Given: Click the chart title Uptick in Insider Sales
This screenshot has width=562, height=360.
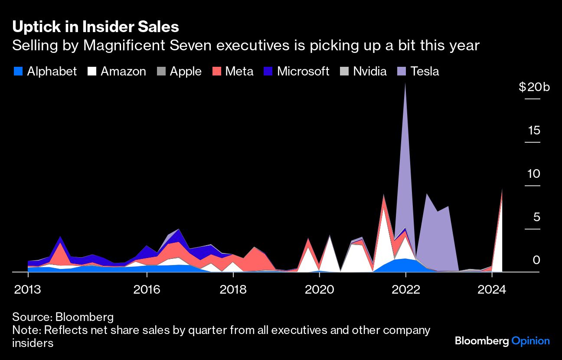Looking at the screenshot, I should click(x=95, y=27).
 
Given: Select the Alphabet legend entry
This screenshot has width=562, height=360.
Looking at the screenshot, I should click(x=45, y=71).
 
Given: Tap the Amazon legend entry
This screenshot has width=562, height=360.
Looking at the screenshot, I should click(x=117, y=71).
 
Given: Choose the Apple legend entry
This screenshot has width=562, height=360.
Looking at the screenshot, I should click(x=180, y=71).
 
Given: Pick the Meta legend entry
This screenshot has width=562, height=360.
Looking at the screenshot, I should click(x=233, y=71).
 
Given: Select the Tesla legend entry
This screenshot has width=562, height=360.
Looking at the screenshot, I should click(x=418, y=71).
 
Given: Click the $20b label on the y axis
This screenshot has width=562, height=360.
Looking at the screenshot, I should click(x=534, y=87).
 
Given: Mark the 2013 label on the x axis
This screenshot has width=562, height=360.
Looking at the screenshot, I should click(x=28, y=289).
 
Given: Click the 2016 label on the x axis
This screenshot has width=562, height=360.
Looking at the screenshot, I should click(x=147, y=289).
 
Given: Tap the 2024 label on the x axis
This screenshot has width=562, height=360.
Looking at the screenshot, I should click(x=491, y=289).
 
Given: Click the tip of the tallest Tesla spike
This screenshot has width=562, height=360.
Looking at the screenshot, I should click(x=405, y=83).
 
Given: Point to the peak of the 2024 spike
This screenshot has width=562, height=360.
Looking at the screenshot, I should click(x=502, y=189).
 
